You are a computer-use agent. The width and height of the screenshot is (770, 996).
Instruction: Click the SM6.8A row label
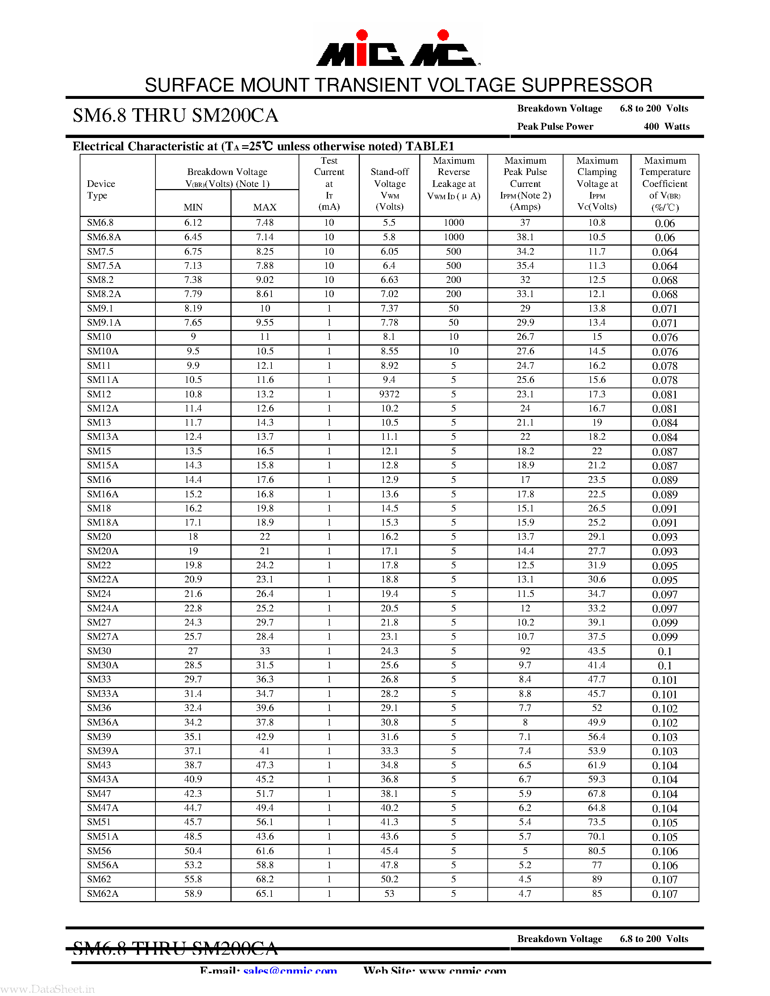[x=104, y=237]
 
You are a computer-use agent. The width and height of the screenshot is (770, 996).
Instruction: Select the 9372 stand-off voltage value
[x=389, y=394]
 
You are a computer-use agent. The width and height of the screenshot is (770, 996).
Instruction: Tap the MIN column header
[x=193, y=207]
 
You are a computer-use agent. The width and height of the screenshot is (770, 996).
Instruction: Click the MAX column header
[x=265, y=207]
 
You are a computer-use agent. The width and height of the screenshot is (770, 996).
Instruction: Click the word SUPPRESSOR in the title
[x=587, y=85]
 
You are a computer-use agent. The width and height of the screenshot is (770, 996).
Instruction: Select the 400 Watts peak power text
[x=666, y=126]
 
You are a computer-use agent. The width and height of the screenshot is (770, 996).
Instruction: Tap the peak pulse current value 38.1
[x=525, y=237]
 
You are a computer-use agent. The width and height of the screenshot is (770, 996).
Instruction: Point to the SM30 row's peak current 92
[x=525, y=651]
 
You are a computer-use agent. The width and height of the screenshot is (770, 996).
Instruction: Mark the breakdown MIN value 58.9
[x=193, y=894]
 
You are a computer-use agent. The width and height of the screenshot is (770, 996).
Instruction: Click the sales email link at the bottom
[x=290, y=970]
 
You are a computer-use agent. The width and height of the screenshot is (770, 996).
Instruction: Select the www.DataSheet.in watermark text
[x=48, y=989]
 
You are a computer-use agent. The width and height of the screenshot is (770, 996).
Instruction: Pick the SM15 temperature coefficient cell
[x=665, y=452]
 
